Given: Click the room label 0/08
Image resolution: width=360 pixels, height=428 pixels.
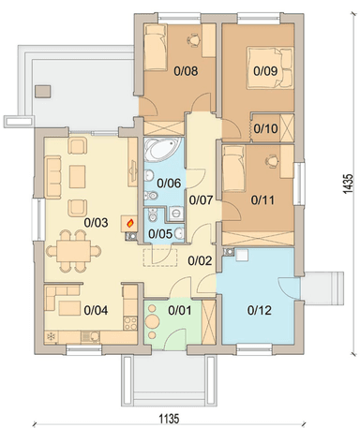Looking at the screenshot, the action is coord(186,71).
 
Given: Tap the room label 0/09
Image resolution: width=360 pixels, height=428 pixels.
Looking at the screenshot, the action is coord(265,71).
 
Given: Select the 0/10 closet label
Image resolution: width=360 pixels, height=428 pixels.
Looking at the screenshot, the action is coord(265,128).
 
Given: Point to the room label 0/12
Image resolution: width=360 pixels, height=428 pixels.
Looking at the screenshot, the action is coord(260,310).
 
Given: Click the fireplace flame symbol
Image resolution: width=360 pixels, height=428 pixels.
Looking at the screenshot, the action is coord(130,223).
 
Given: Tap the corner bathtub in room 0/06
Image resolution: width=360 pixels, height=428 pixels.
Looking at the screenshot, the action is coord(163,150).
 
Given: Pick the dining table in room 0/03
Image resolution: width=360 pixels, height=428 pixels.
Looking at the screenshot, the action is coord(73,251).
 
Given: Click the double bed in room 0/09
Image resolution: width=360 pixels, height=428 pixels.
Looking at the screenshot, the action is coord(270,67).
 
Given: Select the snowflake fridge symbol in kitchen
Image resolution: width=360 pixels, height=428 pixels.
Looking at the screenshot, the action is coord(51,336).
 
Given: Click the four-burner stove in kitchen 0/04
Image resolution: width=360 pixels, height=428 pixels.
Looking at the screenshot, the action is coord(130,323).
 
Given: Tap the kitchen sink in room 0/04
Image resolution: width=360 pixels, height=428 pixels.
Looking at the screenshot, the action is coord(91,336).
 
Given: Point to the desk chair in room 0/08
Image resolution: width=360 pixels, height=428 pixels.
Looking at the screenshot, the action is coord(194,40).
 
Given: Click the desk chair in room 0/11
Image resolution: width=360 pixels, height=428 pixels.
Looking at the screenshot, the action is coord(272,161).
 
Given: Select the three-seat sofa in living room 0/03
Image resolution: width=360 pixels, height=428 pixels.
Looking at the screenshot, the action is coord(53,177).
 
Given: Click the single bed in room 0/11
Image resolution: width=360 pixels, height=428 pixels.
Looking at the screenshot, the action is coord(233,169).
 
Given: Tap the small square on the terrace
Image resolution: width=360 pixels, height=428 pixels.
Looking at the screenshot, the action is coord(43,91).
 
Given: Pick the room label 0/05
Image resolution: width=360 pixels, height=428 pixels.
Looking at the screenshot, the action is coord(160,234).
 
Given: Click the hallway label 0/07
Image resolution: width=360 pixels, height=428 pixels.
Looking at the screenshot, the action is coord(201,200).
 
